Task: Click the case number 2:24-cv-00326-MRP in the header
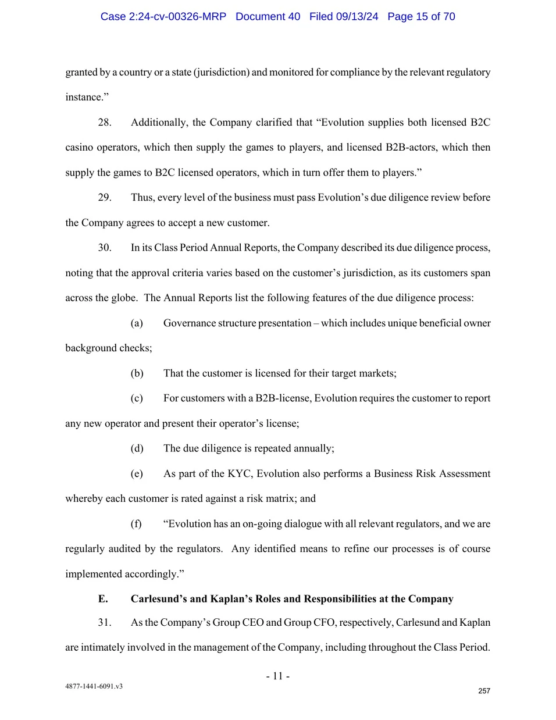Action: coord(178,16)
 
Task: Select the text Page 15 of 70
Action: coord(421,16)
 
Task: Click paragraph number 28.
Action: coord(105,122)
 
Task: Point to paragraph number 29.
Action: coord(105,198)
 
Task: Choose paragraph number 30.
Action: coord(105,248)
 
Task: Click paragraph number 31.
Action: coord(105,622)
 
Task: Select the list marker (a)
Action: coord(137,323)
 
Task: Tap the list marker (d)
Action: coord(137,448)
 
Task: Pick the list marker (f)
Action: coord(136,524)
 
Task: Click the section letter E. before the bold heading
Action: coord(103,599)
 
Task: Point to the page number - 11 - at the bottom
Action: coord(278,676)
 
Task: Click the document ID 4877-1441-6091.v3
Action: coord(94,686)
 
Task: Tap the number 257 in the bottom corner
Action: coord(484,691)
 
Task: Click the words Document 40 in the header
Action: coord(268,16)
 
